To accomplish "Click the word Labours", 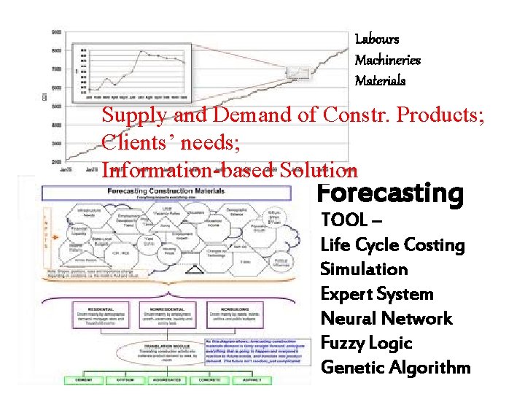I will (x=376, y=39).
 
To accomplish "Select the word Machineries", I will (x=387, y=60).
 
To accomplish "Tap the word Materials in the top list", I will (x=380, y=80).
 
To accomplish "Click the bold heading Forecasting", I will (x=389, y=193).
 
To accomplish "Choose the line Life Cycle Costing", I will (x=392, y=245).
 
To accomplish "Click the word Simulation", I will (x=364, y=269).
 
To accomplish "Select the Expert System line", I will (x=377, y=294).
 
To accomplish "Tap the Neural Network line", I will (x=386, y=319).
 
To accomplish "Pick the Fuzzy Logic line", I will (x=367, y=343).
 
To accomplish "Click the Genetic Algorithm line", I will (x=395, y=368).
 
